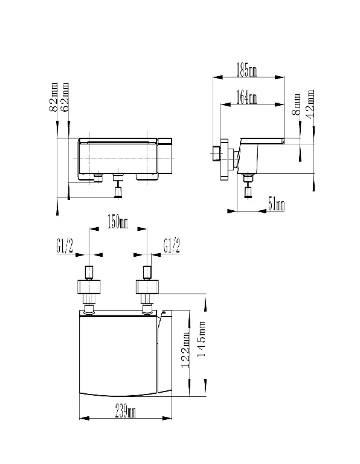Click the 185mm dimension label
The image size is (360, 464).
coord(246,70)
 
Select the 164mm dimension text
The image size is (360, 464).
coord(246,97)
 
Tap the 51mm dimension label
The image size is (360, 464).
coord(276,204)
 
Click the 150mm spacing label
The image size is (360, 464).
coord(117,222)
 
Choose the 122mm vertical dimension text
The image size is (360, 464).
coord(185,350)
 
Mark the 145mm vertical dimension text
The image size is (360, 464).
coord(201,339)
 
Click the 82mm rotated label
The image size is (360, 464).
coord(54,97)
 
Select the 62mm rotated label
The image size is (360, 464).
coord(65,97)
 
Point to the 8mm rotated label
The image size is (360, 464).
coord(296,105)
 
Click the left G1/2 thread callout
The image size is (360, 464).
coord(65,246)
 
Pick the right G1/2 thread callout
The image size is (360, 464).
coord(172,245)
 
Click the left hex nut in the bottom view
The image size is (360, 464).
coord(89,287)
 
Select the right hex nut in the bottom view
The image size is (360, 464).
coord(147,287)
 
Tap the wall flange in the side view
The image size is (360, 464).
coord(224,159)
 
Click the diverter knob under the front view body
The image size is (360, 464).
coord(118,193)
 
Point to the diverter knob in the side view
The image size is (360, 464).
coord(248,193)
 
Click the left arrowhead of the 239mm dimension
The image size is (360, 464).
coord(85,418)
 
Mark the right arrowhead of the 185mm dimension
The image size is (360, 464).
coord(279,77)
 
